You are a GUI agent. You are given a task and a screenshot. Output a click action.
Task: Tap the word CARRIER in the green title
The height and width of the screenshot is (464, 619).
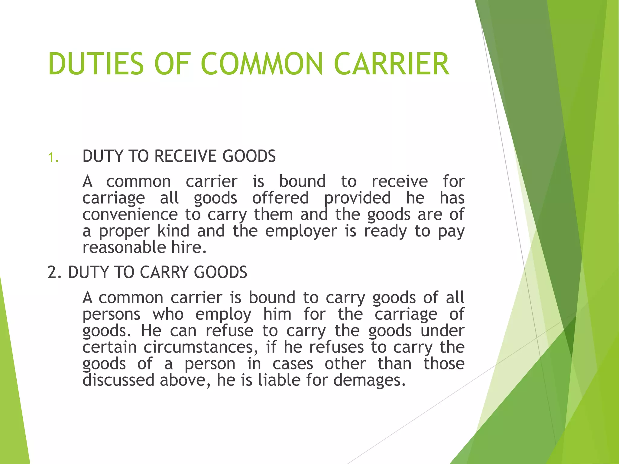[392, 64]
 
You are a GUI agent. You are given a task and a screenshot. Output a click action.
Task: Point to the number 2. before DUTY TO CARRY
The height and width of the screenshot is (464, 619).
[55, 272]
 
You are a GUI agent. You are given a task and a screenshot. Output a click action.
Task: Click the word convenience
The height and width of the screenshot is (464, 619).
[130, 214]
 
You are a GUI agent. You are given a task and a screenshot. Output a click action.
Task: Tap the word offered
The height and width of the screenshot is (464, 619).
[280, 198]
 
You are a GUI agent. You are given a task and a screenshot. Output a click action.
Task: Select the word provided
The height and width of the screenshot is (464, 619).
[357, 198]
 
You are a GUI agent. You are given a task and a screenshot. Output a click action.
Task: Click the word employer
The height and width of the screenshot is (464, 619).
[301, 231]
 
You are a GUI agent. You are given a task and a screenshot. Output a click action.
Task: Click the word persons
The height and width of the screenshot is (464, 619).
[111, 314]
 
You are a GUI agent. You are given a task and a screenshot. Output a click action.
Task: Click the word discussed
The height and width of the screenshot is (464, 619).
[118, 380]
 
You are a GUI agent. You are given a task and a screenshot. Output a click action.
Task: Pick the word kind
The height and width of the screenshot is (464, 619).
[173, 231]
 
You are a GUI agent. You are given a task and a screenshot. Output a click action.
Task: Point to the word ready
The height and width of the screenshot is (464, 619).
[385, 231]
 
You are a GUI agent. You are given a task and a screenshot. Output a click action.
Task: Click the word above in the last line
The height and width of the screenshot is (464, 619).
[185, 380]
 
